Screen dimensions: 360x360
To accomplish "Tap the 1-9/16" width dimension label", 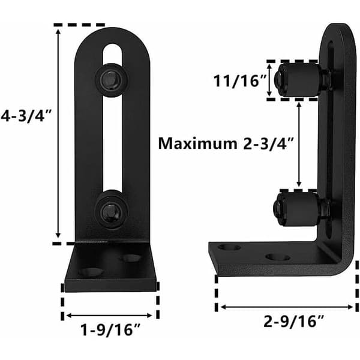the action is point(110,330).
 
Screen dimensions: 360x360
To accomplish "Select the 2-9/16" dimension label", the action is point(293,322).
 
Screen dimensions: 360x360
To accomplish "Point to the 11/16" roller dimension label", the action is point(239,81).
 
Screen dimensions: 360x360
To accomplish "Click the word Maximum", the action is point(197,143).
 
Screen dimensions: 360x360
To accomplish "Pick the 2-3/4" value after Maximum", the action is point(268,144).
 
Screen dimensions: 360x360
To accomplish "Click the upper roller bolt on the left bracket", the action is point(112,79).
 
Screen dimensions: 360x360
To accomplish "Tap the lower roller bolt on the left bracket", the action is point(112,209).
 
